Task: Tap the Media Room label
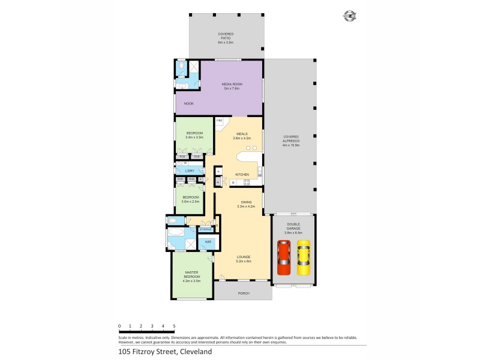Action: tap(232, 86)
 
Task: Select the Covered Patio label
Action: tap(226, 36)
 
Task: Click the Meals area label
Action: tap(241, 136)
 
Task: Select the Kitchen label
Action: tap(242, 175)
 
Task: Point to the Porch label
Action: tap(243, 293)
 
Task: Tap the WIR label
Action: tap(207, 242)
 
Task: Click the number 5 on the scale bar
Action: tap(174, 326)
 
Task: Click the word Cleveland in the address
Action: tap(192, 352)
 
